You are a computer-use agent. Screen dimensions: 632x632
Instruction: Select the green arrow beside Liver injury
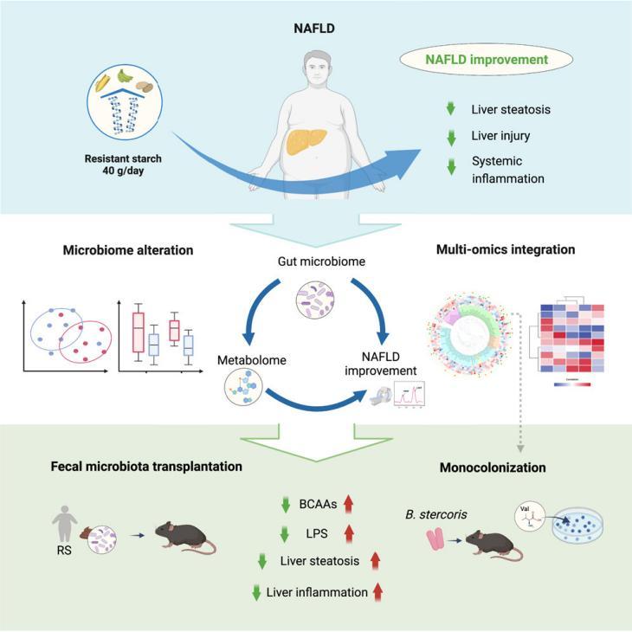click(449, 136)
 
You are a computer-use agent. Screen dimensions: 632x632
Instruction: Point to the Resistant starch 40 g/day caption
click(123, 165)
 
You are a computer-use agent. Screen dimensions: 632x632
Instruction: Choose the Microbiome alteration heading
click(127, 250)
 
